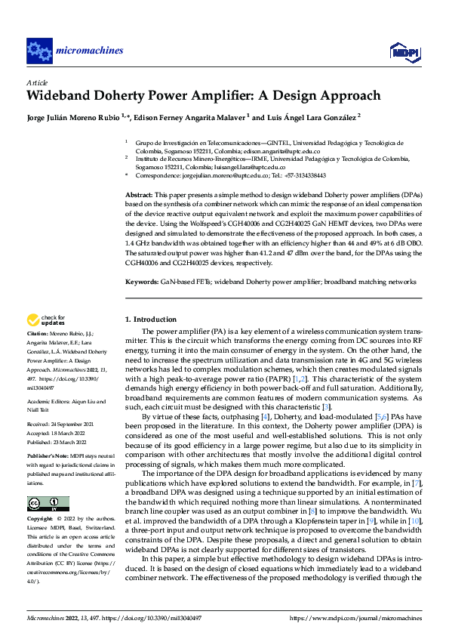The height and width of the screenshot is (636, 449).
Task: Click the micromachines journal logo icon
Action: [x=39, y=51]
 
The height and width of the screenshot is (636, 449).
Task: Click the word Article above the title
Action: [x=36, y=82]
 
